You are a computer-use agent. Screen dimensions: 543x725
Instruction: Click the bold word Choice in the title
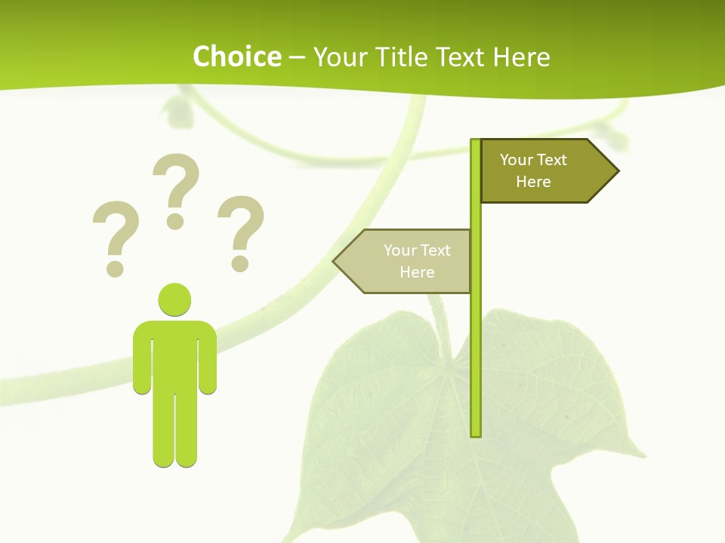click(x=236, y=57)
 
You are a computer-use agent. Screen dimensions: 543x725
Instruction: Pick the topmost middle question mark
click(x=176, y=189)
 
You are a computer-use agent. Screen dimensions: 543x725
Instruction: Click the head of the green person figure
click(x=174, y=299)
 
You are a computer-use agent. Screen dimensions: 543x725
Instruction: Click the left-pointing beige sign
click(x=408, y=261)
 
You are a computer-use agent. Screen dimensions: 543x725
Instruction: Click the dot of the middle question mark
click(x=175, y=221)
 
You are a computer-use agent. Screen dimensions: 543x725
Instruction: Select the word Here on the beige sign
click(x=417, y=272)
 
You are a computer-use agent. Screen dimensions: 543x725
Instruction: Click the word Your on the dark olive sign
click(x=517, y=160)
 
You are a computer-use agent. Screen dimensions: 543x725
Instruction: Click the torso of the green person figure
click(x=174, y=354)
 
